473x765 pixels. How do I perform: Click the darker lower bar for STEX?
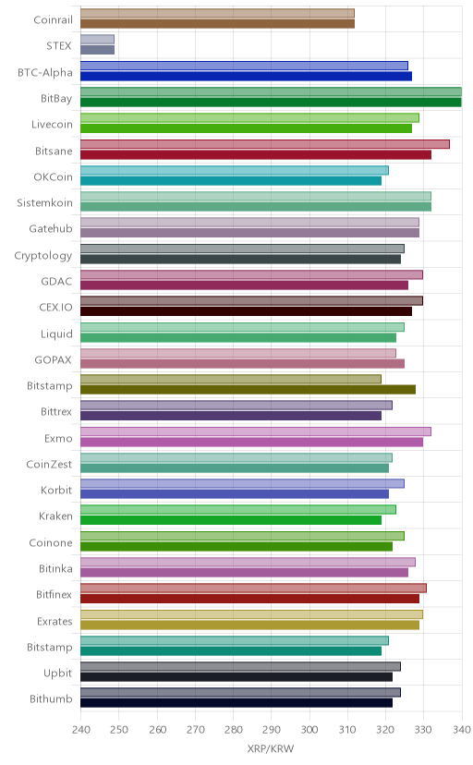pos(98,50)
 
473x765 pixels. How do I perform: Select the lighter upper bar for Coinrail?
pos(217,13)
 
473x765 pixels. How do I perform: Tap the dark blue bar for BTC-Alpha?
pos(247,76)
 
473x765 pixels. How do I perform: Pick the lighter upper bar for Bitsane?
pos(265,144)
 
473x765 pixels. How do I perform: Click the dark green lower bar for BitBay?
pos(271,103)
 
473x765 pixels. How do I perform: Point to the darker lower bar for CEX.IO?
pos(247,311)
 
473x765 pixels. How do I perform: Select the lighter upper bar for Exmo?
pos(256,431)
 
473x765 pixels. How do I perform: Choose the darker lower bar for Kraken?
pos(231,520)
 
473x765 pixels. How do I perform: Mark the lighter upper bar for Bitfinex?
pos(253,589)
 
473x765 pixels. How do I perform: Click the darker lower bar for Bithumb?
pos(236,703)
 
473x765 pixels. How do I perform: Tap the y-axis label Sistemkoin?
pos(44,203)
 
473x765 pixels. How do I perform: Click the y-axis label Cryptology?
pos(42,256)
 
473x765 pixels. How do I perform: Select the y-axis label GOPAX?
pos(53,360)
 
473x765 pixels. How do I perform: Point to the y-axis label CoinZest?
pos(49,465)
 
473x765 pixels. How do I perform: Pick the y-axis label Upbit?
pos(57,674)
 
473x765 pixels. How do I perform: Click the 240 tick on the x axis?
pos(81,730)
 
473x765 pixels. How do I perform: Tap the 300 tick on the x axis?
pos(309,730)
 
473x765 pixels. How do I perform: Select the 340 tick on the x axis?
pos(461,730)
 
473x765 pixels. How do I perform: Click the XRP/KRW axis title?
pos(271,749)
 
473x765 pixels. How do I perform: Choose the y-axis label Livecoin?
pos(52,125)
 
